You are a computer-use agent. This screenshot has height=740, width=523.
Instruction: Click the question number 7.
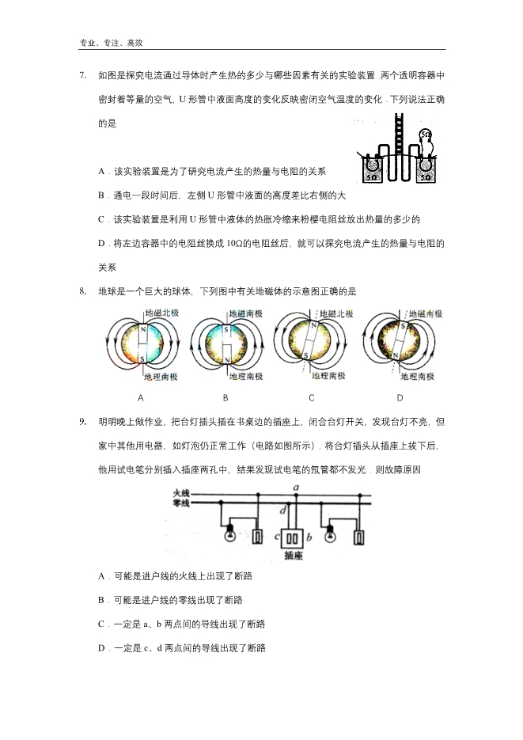[x=82, y=76]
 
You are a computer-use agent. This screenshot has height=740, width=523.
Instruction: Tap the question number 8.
[x=82, y=292]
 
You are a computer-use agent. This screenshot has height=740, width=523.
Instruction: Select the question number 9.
[x=82, y=422]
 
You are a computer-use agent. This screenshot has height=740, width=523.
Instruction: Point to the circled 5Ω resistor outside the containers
[x=426, y=135]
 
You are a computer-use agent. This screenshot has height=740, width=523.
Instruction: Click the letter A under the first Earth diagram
[x=140, y=398]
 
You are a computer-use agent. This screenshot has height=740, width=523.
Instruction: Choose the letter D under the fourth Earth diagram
[x=400, y=398]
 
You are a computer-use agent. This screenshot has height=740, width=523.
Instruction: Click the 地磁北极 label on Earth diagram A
[x=162, y=314]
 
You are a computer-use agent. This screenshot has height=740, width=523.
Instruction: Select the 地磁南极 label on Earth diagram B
[x=248, y=314]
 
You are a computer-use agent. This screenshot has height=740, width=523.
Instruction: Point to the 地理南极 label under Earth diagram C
[x=327, y=376]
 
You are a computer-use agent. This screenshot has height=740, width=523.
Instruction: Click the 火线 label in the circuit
[x=181, y=493]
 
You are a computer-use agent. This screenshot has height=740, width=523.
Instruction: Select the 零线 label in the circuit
[x=181, y=503]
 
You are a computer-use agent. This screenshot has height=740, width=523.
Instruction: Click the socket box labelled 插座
[x=293, y=537]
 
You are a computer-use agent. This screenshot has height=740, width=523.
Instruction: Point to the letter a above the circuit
[x=295, y=487]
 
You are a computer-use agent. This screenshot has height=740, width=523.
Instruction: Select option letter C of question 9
[x=101, y=624]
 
